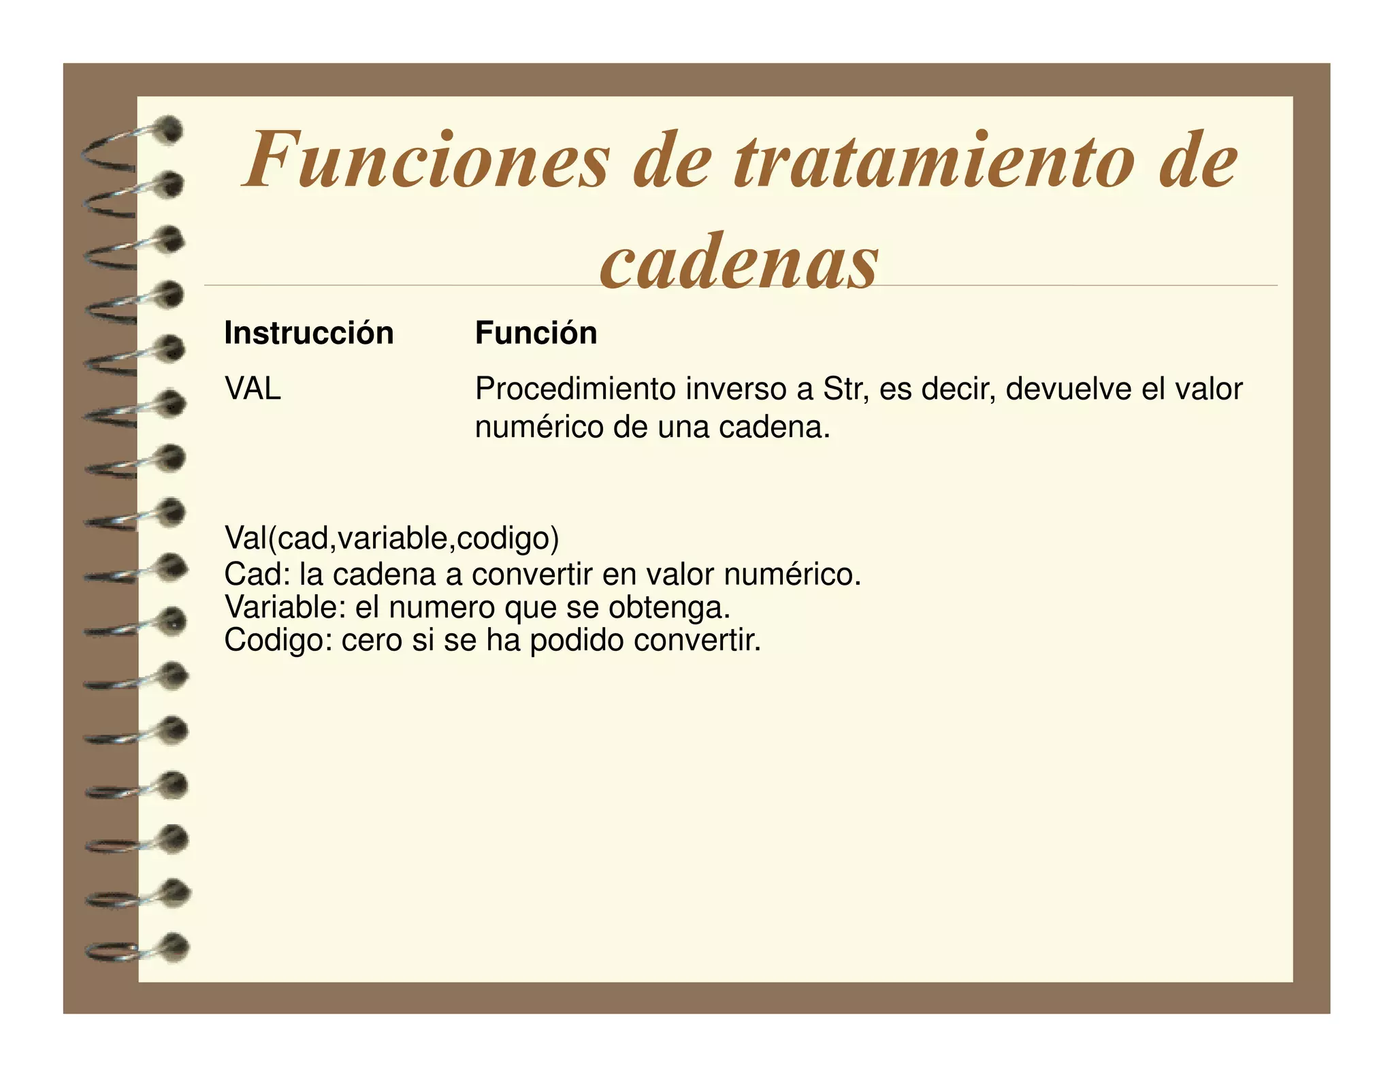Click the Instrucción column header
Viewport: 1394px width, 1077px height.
pyautogui.click(x=309, y=334)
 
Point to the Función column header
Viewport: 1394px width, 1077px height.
pyautogui.click(x=536, y=334)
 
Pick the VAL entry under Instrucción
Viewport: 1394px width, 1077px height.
pyautogui.click(x=253, y=389)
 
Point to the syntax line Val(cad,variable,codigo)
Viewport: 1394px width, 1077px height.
pyautogui.click(x=391, y=538)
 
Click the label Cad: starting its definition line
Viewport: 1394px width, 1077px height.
pyautogui.click(x=257, y=575)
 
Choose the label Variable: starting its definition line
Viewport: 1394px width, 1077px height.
pyautogui.click(x=285, y=607)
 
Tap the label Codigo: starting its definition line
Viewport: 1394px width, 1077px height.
pyautogui.click(x=278, y=641)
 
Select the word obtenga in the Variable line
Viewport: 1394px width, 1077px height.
pyautogui.click(x=669, y=607)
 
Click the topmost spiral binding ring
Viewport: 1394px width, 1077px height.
pyautogui.click(x=136, y=140)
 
